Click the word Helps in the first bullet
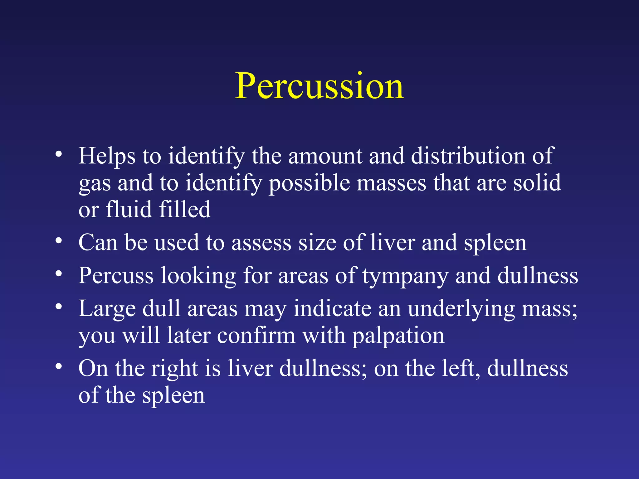(x=107, y=156)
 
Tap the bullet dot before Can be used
(x=59, y=240)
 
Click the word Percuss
(x=116, y=276)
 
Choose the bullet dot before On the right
(x=59, y=366)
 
